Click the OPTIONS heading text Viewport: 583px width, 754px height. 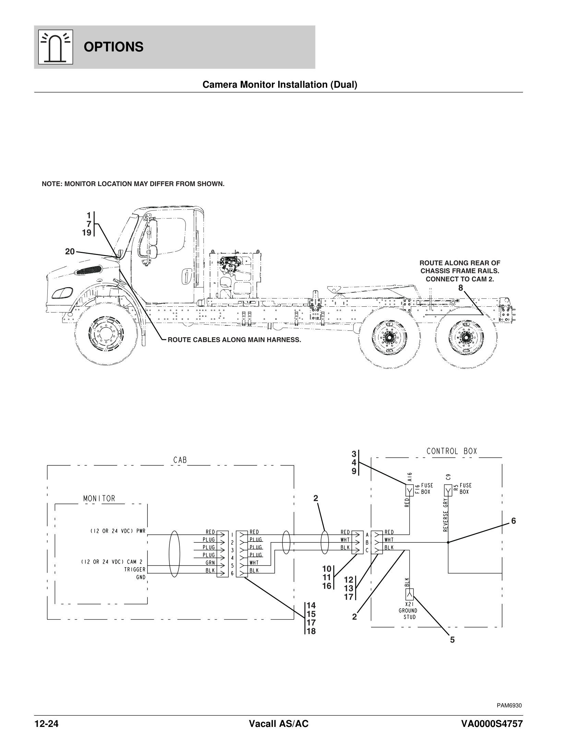click(x=113, y=47)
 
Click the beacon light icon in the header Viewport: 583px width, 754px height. click(x=56, y=47)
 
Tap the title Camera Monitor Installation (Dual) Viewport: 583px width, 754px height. click(x=280, y=85)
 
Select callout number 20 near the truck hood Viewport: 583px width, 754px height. click(x=70, y=252)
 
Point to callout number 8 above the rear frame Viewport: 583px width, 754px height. click(x=461, y=288)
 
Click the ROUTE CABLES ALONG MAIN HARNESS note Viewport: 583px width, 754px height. click(x=235, y=340)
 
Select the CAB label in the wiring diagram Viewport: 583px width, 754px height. click(x=180, y=460)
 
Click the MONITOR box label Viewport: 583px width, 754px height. click(x=99, y=499)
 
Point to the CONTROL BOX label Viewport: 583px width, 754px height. click(x=452, y=451)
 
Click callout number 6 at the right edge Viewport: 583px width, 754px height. click(x=514, y=521)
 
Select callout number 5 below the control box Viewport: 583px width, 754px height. click(x=452, y=640)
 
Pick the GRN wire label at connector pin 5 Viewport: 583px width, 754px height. click(x=210, y=562)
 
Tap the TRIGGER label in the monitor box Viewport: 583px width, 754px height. click(x=135, y=569)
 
